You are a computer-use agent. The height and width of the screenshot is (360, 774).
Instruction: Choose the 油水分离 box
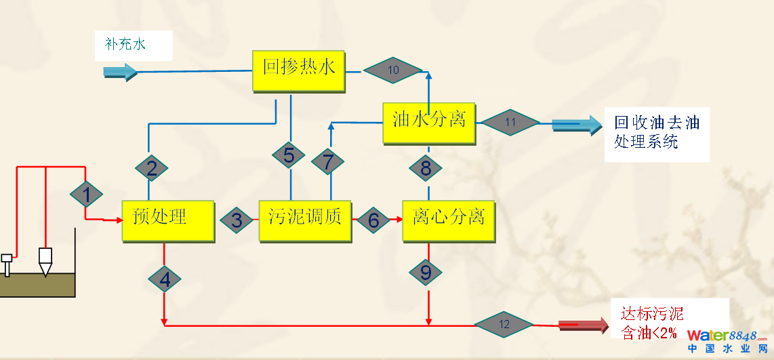coord(429,123)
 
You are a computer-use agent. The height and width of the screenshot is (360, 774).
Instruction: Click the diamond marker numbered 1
coord(86,195)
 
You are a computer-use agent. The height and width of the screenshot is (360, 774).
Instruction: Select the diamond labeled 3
coord(237,220)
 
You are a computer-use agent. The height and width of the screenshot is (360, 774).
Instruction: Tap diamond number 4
coord(165,279)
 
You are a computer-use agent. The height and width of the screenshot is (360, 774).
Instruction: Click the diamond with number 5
coord(289,155)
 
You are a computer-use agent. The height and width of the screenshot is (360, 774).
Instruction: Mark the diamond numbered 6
coord(373,220)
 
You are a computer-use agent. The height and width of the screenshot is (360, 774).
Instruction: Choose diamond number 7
coord(328,162)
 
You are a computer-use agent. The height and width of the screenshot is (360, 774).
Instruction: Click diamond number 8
coord(426,168)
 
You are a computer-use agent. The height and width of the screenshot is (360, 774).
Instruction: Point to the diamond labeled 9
coord(426,273)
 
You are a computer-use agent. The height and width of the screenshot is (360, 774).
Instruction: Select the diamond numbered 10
coord(393,70)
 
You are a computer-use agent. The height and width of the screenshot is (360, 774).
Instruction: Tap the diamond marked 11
coord(510,123)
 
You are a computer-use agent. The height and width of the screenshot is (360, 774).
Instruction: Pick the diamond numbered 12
coord(504,324)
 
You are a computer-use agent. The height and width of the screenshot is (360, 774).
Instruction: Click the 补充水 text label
coord(125,45)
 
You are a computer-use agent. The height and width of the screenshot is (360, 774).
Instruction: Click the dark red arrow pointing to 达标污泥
coord(584,325)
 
